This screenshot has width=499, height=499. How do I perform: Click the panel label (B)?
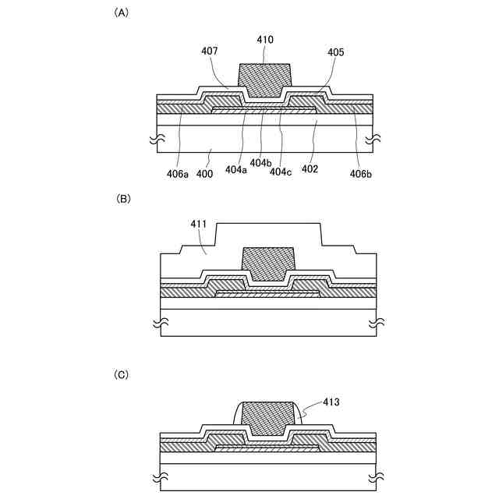(123, 199)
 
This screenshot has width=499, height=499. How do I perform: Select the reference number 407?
(209, 51)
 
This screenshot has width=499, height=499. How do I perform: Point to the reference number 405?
(336, 52)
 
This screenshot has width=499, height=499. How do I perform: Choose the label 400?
(205, 174)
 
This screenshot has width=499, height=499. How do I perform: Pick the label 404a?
(235, 169)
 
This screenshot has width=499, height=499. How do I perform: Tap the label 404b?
(262, 162)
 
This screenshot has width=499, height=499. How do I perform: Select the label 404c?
(281, 171)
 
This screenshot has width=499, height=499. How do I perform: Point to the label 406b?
(361, 174)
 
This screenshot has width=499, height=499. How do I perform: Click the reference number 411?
(199, 225)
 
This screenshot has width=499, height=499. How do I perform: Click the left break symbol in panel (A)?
(156, 141)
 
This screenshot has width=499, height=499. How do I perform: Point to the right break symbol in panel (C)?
(374, 475)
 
